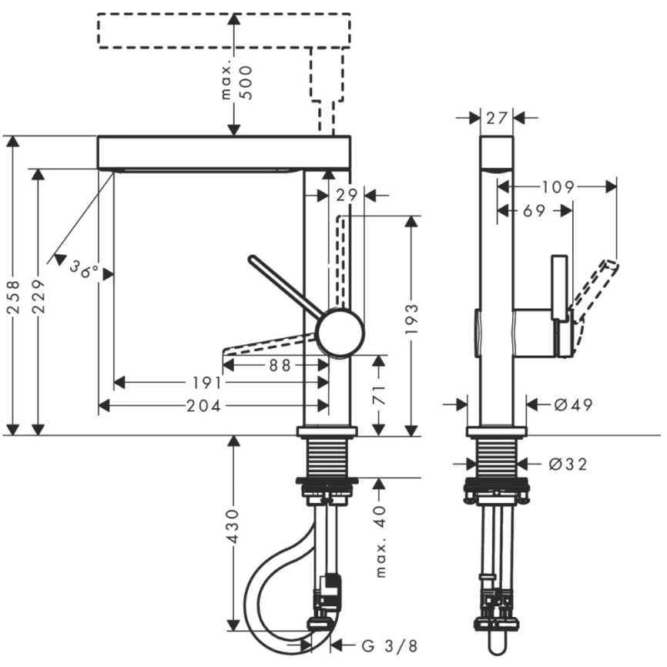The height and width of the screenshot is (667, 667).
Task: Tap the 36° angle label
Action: tap(84, 269)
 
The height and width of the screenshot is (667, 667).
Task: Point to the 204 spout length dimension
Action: tap(203, 406)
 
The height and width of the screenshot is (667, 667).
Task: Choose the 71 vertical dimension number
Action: tap(379, 396)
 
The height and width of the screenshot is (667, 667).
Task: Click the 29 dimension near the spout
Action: tap(347, 196)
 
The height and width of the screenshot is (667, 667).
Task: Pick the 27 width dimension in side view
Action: tap(498, 117)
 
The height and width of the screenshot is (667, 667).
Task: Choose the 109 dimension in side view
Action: tap(558, 186)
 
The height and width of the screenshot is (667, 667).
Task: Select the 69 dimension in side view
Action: tap(534, 210)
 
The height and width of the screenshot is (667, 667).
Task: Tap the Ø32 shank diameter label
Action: tap(568, 464)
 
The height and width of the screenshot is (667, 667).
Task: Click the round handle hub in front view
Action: tap(340, 332)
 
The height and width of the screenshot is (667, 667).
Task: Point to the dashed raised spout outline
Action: tap(223, 31)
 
